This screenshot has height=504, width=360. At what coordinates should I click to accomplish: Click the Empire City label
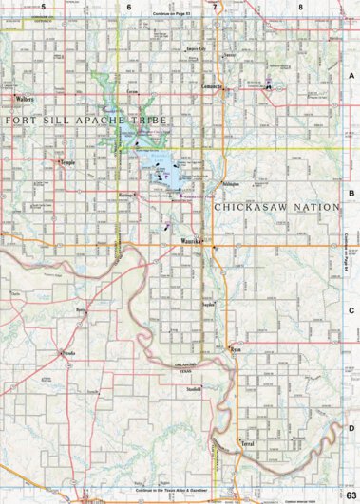coord(199,45)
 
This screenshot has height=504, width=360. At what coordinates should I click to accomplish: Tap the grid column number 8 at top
coord(300,7)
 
